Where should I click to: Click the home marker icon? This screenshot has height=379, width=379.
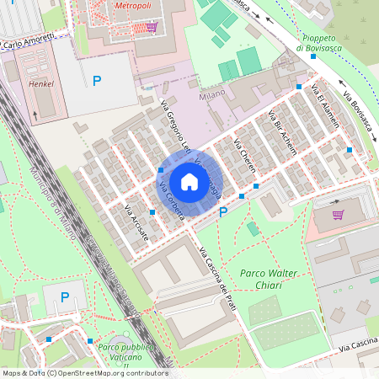[189, 182]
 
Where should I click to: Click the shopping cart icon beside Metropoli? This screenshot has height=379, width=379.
[152, 27]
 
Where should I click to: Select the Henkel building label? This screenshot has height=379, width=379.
[41, 84]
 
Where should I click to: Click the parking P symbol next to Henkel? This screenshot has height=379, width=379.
[97, 81]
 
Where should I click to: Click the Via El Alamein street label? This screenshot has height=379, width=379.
[325, 106]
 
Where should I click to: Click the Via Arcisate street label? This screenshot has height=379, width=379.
[136, 223]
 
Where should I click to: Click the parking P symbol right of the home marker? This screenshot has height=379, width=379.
[223, 213]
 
